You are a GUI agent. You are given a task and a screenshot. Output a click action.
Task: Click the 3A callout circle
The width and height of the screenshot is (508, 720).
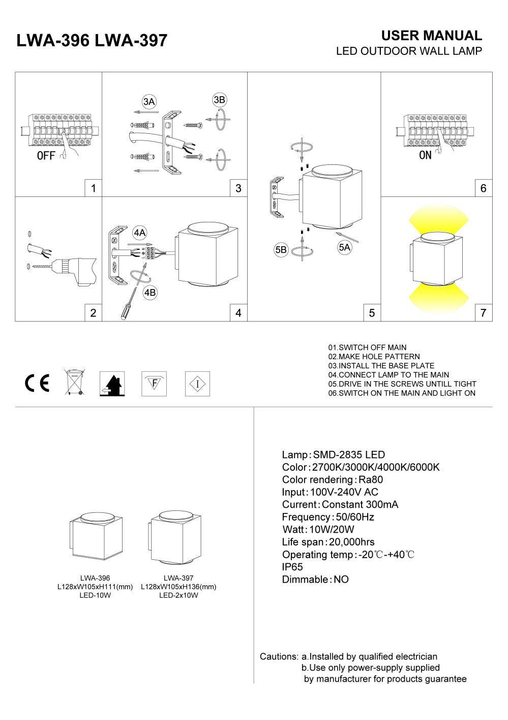tap(148, 102)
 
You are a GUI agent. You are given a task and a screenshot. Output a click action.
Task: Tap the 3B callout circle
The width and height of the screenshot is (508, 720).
tap(219, 100)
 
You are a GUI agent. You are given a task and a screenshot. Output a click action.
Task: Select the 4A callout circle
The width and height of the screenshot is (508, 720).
tap(139, 233)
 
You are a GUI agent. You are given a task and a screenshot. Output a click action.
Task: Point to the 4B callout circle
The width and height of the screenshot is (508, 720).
tap(150, 293)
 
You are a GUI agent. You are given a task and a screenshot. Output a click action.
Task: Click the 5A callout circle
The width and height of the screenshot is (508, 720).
tap(344, 248)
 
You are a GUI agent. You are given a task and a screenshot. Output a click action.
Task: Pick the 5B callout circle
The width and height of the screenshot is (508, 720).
tap(281, 250)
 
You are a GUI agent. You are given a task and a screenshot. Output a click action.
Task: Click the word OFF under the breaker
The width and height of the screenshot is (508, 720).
tap(46, 156)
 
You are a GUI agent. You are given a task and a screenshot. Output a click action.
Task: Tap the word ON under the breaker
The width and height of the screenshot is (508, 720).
tap(425, 155)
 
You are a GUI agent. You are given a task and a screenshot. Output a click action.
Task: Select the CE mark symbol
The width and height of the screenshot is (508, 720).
tap(37, 383)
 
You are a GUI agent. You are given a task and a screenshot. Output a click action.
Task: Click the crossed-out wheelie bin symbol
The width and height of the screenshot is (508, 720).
tap(74, 383)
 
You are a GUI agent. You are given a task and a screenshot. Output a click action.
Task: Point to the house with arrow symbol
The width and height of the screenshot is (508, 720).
tap(112, 384)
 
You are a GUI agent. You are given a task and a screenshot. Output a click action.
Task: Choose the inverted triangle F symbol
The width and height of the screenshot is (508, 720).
tap(154, 383)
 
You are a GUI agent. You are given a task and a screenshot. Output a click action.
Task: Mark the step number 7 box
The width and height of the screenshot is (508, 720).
tap(483, 312)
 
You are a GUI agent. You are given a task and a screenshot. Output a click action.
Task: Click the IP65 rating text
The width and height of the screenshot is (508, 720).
tap(292, 567)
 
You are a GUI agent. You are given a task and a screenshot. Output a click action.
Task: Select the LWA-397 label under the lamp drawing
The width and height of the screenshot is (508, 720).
tap(178, 578)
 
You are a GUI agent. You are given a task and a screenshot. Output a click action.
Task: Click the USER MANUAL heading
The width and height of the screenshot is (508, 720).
tap(431, 36)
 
